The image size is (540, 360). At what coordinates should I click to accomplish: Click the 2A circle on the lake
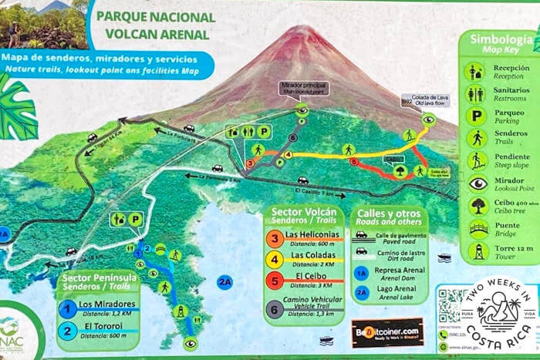[x=224, y=281]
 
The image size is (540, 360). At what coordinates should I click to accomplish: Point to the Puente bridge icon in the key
[x=478, y=229]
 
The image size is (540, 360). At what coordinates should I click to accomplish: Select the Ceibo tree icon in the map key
[x=478, y=206]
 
